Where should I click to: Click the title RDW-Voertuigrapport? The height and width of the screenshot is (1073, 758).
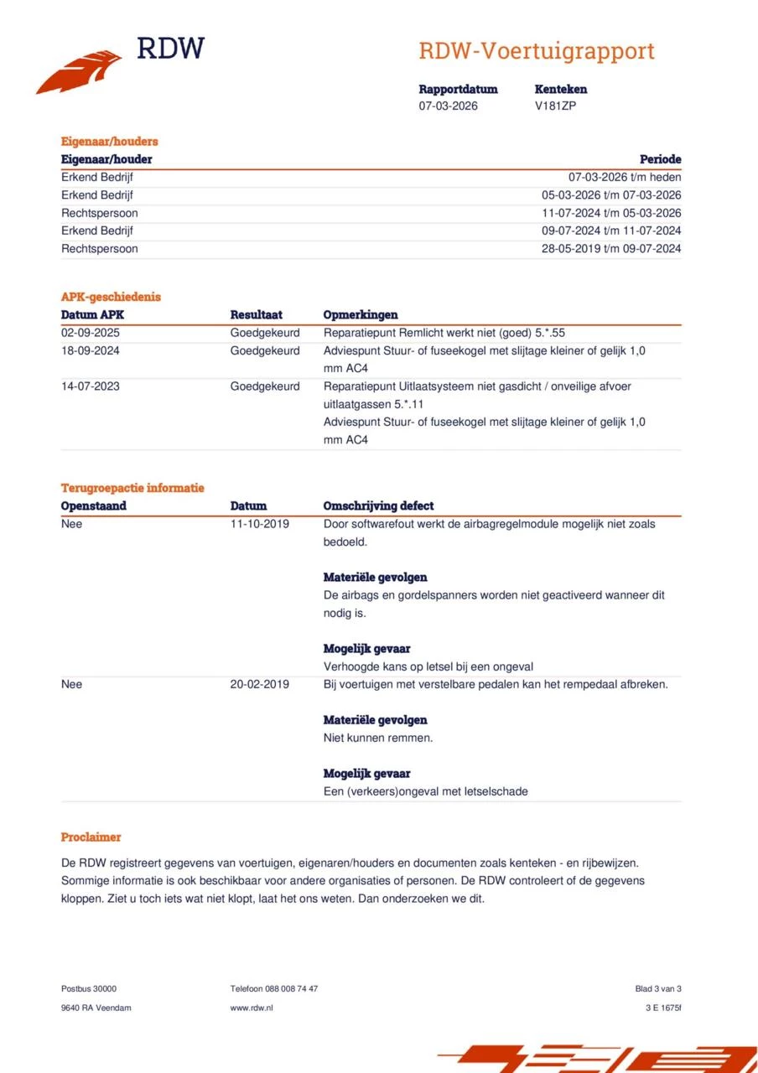click(x=536, y=51)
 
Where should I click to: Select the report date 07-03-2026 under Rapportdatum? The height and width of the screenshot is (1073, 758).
click(x=448, y=106)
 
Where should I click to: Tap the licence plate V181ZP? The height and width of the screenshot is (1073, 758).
click(x=555, y=106)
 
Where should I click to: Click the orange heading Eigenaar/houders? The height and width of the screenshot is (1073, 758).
click(x=109, y=141)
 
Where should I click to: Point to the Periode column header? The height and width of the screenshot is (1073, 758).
click(x=660, y=158)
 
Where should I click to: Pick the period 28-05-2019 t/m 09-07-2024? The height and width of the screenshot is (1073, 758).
click(x=611, y=248)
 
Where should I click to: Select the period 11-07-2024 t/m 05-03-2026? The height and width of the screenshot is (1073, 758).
click(x=611, y=213)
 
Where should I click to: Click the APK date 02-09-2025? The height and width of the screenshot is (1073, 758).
click(x=90, y=332)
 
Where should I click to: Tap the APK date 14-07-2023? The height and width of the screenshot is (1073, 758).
click(x=90, y=386)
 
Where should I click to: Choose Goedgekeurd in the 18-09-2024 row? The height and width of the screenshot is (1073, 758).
click(x=265, y=350)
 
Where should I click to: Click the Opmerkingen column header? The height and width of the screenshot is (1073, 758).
click(x=361, y=314)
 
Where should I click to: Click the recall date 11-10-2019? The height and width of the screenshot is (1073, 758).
click(x=259, y=524)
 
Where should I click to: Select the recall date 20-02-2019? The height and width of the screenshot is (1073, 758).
click(x=259, y=684)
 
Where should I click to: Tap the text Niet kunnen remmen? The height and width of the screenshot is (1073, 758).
click(x=377, y=738)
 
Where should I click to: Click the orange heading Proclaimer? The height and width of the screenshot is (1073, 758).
click(x=91, y=837)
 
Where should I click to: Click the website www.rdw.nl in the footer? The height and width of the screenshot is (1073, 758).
click(x=251, y=1008)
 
